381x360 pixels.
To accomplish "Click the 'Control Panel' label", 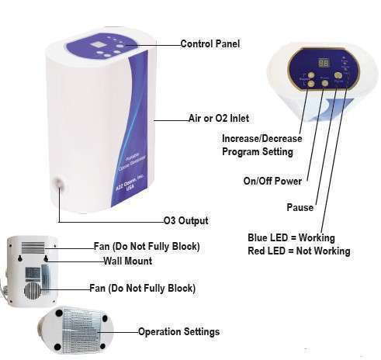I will point(210,44).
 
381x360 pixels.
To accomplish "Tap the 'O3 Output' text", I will point(185,221).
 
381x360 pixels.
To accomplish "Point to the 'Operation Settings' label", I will point(178,331).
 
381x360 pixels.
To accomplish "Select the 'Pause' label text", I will point(300,207).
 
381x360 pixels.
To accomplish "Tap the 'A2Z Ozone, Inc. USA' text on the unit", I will point(124,186).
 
